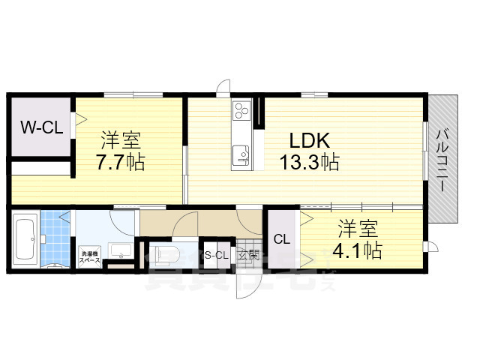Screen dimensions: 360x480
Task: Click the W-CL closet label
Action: click(x=41, y=127)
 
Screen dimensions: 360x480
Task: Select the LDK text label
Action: click(x=306, y=140)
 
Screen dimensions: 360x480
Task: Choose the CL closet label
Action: click(x=282, y=240)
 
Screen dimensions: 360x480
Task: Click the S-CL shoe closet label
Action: click(x=216, y=255)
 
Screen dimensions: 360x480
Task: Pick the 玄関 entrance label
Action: click(x=249, y=255)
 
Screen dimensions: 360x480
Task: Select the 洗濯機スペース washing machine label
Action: click(x=90, y=256)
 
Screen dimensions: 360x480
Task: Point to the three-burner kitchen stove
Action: click(x=242, y=111)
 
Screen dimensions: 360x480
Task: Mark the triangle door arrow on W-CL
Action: click(x=76, y=118)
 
